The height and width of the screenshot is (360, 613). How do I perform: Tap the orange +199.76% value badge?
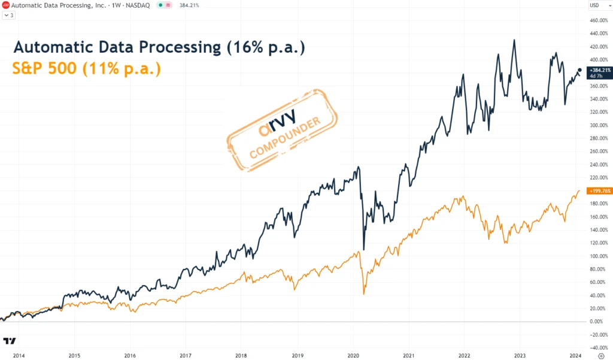599,191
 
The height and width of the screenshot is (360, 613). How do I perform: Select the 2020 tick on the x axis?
353,355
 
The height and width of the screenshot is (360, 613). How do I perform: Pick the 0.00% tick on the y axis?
596,322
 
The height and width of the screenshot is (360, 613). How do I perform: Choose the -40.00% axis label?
599,347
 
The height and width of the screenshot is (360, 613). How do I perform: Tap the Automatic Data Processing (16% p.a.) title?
159,47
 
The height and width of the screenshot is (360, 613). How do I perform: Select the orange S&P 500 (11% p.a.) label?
86,69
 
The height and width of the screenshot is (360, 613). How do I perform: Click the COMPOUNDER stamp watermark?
282,131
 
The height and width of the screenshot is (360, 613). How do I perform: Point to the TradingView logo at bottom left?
10,341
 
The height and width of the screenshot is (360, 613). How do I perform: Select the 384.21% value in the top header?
189,5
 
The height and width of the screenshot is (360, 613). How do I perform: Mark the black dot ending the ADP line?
579,70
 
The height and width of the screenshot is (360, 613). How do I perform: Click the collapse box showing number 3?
10,15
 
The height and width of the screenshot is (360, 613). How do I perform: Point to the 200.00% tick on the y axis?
599,191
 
